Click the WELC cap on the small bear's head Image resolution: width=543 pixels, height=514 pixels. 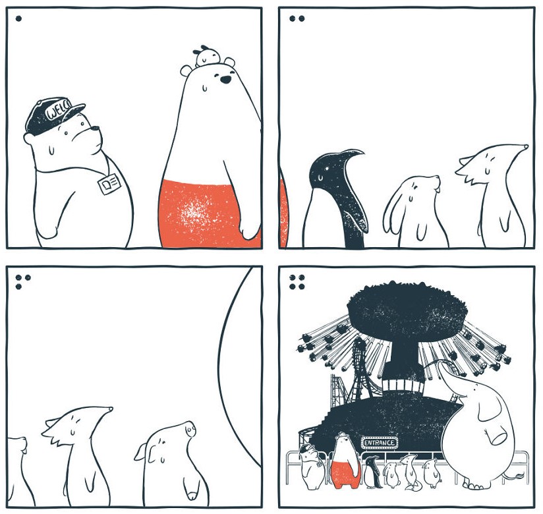click(53, 115)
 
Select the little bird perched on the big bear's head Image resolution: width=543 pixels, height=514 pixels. click(205, 56)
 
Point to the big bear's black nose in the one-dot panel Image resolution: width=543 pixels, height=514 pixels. click(225, 80)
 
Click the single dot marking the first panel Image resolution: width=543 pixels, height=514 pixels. click(18, 18)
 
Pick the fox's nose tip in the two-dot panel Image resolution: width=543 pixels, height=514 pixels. click(526, 146)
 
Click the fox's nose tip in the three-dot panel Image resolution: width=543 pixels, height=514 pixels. click(111, 409)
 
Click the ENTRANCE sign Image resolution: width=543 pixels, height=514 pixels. click(380, 443)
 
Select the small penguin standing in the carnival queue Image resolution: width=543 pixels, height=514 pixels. click(372, 472)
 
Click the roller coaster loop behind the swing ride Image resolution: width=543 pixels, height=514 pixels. click(360, 367)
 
